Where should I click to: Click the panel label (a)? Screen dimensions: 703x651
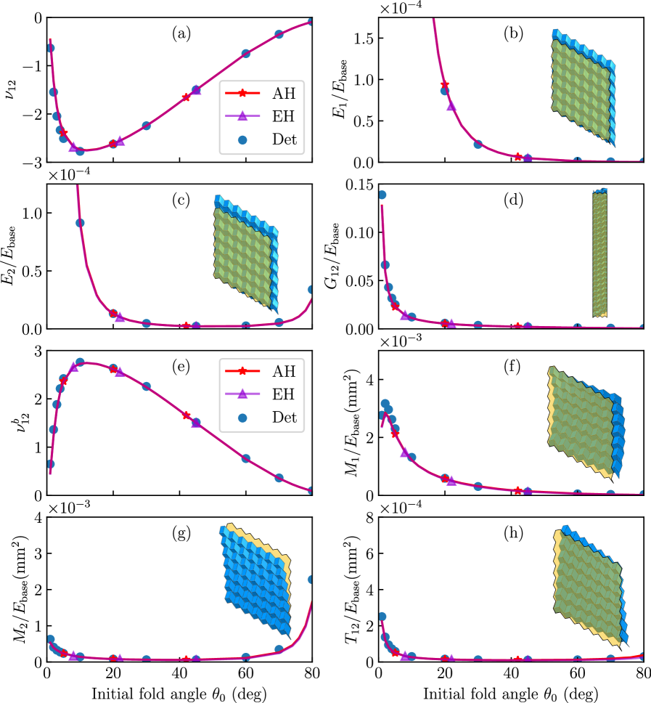(181, 33)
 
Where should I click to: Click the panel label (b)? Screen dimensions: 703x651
(513, 33)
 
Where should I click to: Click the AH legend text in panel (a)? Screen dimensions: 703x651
(284, 93)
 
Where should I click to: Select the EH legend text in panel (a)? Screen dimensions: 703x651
(284, 116)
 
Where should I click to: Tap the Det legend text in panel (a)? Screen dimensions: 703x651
(284, 139)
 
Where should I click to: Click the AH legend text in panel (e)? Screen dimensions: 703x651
(284, 371)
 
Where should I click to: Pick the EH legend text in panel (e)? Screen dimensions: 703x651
(284, 394)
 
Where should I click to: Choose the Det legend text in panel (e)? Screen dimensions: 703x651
(284, 418)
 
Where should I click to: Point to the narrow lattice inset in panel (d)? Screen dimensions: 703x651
(599, 253)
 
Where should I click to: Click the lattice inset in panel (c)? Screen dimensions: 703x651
(245, 251)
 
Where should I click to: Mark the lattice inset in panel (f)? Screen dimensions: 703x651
(584, 421)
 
